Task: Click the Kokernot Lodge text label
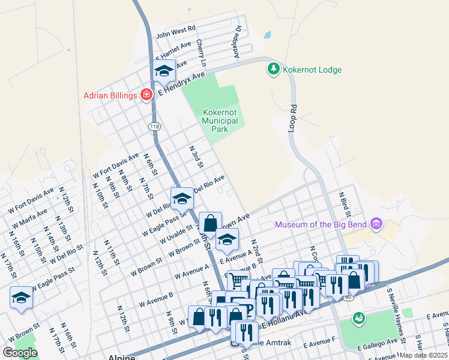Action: (x=312, y=70)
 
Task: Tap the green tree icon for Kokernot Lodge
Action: (x=273, y=70)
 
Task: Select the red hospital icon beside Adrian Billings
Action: (x=145, y=95)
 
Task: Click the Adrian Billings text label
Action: (x=110, y=95)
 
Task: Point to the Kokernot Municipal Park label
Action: (x=220, y=121)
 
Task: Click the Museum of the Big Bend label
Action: (x=322, y=225)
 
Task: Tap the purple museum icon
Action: (x=376, y=225)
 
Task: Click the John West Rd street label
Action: (x=176, y=28)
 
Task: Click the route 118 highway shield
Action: (x=155, y=127)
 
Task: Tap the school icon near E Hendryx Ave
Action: (x=163, y=71)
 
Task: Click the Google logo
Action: (x=20, y=353)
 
